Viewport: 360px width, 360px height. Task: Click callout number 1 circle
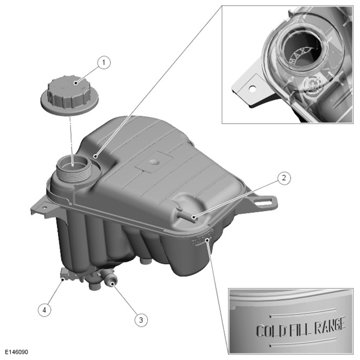click(104, 63)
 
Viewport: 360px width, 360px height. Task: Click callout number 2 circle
click(284, 178)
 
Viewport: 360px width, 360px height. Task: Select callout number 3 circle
click(141, 320)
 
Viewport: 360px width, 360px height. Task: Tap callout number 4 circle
click(45, 310)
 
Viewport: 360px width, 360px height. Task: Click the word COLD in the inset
click(271, 331)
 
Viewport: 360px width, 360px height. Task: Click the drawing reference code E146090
click(16, 352)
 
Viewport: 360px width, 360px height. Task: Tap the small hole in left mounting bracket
click(45, 208)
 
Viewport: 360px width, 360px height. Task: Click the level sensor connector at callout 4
click(67, 275)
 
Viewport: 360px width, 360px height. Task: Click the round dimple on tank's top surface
click(154, 162)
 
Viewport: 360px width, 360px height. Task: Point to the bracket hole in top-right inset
click(253, 88)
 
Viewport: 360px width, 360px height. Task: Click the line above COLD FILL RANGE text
click(302, 313)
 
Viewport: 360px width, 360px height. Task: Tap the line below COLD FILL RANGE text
click(302, 342)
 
